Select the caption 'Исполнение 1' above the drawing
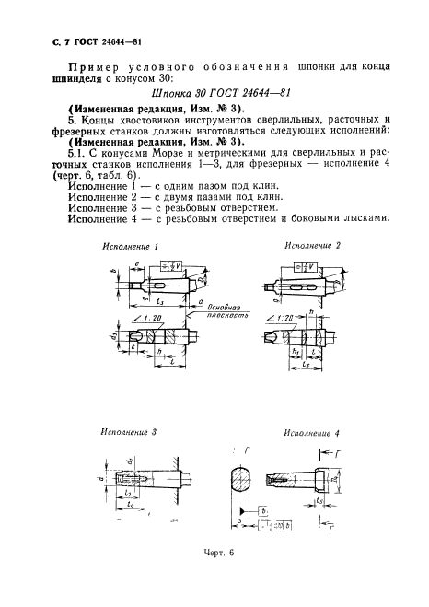tap(132, 249)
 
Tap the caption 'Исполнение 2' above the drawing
tap(312, 246)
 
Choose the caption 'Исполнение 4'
tap(312, 431)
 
